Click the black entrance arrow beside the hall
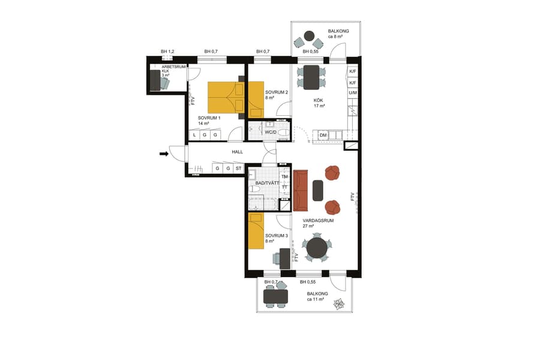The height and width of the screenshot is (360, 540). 163,154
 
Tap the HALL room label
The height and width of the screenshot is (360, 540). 238,152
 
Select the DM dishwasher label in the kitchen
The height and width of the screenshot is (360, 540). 323,136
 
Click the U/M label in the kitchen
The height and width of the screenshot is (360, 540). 353,93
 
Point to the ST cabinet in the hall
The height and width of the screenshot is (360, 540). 238,169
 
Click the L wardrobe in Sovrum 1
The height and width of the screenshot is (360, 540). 194,136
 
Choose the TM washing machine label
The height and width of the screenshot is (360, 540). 285,177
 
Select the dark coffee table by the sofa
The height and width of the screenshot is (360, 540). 317,190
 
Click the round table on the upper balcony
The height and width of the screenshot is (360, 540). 310,35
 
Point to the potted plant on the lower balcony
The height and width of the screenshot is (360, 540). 340,304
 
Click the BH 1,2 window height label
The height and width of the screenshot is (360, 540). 167,52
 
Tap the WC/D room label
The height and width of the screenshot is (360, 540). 271,131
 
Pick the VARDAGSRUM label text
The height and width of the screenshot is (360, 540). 318,221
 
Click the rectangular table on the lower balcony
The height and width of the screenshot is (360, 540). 275,296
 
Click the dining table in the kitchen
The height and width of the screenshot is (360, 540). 311,77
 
